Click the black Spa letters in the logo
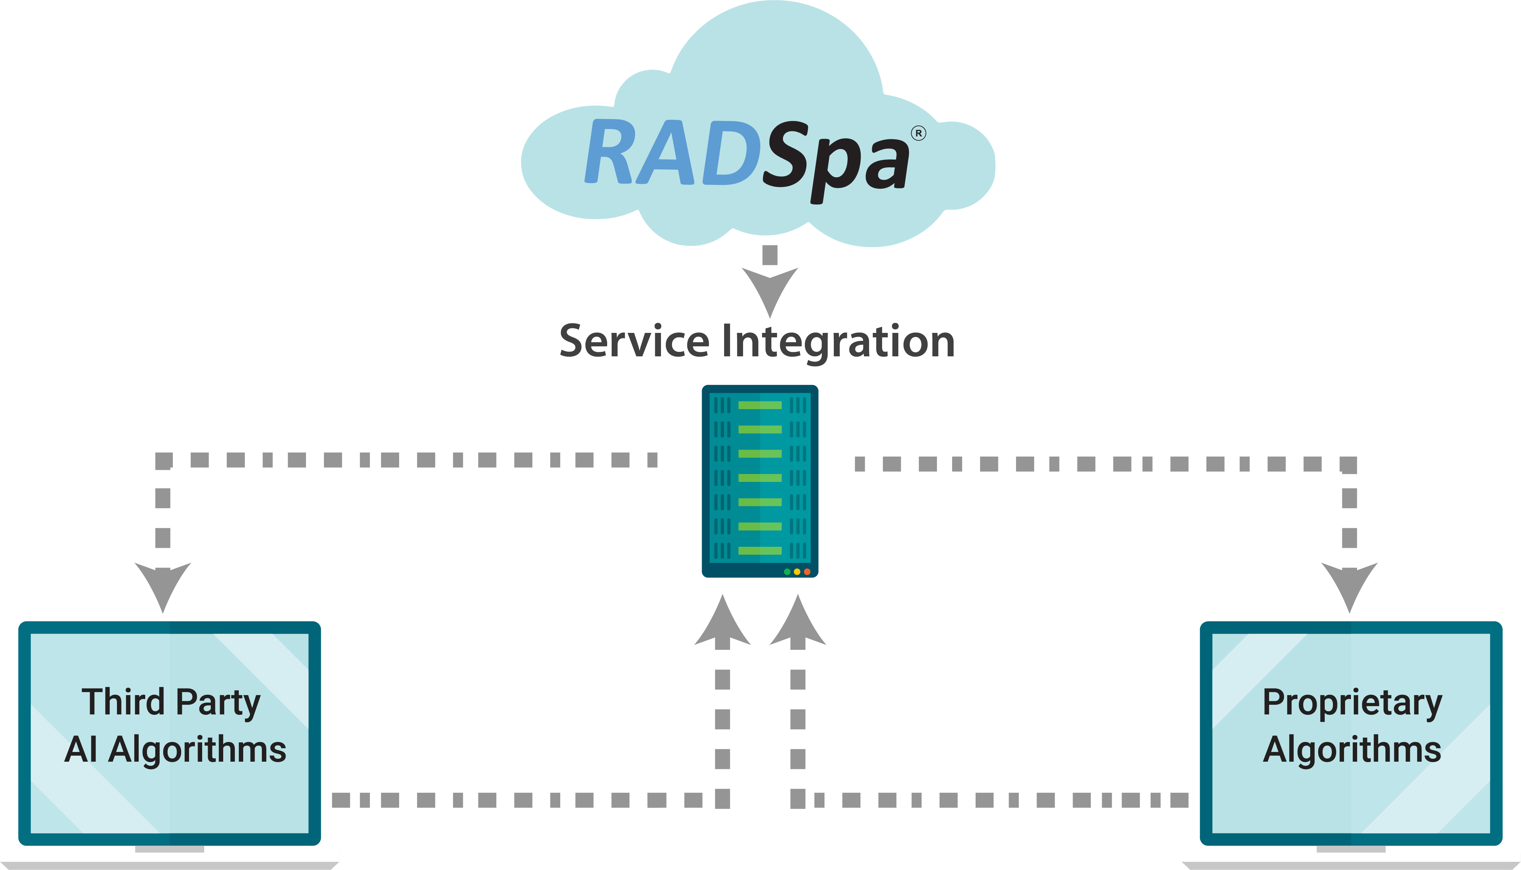(x=836, y=158)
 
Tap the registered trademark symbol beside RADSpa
(x=918, y=133)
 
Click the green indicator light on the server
(x=787, y=572)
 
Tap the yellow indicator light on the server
(x=797, y=572)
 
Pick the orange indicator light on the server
(x=807, y=572)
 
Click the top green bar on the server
(x=760, y=405)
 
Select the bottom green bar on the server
(x=760, y=550)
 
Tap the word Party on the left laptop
(x=218, y=703)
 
